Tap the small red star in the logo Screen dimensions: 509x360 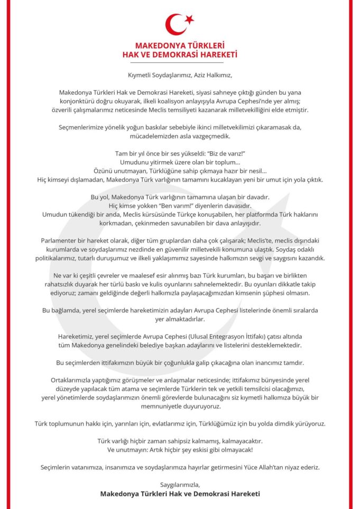pos(189,20)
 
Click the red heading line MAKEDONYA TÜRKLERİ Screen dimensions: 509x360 pos(180,46)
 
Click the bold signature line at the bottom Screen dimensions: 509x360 pos(180,494)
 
